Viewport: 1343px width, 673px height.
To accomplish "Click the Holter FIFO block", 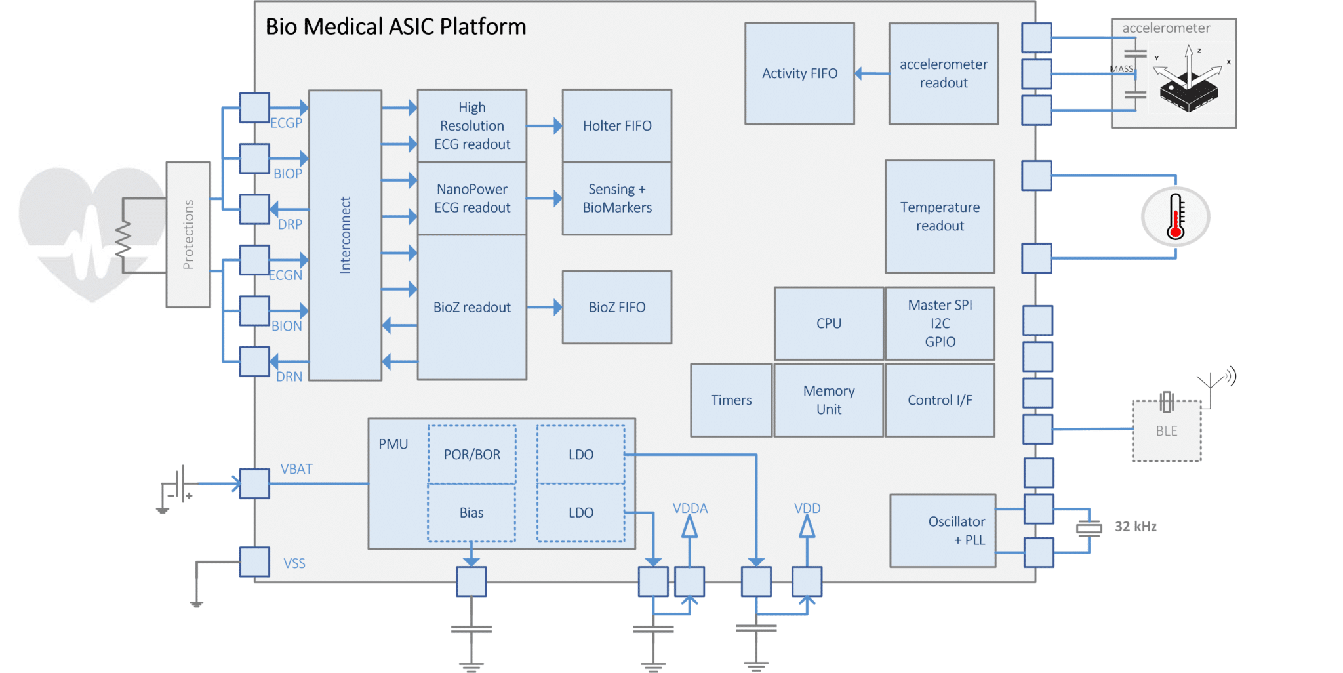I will point(616,126).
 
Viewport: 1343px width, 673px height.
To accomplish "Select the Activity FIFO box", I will point(799,73).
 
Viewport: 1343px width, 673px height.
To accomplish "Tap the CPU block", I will point(828,323).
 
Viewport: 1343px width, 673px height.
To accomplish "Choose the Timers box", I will point(731,400).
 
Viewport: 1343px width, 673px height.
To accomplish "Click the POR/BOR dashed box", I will point(471,455).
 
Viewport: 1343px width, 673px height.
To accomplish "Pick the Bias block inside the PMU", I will point(471,513).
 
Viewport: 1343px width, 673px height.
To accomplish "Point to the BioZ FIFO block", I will point(616,307).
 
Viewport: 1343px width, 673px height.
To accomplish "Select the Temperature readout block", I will point(940,216).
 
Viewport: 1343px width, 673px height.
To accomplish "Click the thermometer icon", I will point(1175,216).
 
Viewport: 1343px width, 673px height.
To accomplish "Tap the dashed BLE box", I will point(1167,431).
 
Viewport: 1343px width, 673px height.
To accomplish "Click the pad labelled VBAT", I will point(254,483).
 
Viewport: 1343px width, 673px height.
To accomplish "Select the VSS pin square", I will point(254,562).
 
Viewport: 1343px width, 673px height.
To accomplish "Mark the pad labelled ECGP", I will point(254,108).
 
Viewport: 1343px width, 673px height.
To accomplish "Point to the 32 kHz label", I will point(1135,527).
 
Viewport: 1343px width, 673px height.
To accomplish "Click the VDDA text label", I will point(690,508).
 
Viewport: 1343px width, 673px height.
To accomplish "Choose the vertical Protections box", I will point(188,234).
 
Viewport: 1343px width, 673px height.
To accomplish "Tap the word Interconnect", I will point(345,235).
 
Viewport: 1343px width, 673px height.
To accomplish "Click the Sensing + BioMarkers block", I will point(616,198).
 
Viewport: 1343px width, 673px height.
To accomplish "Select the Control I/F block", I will point(940,400).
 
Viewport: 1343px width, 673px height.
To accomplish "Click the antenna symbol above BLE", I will point(1212,384).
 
